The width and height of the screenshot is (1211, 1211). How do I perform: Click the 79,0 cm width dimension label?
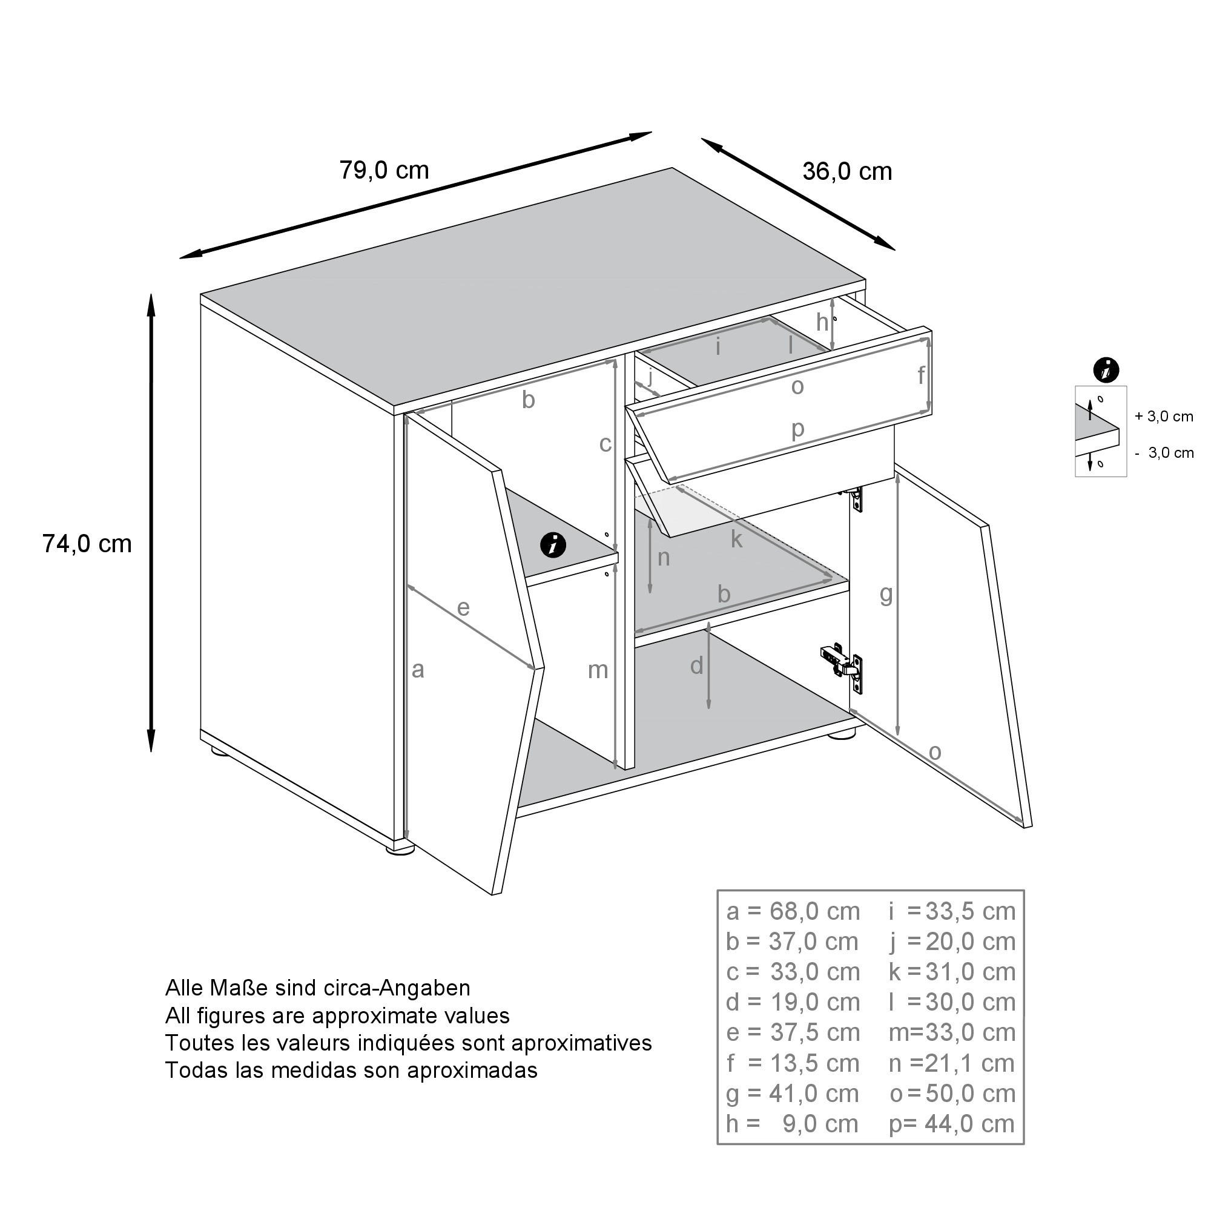click(x=384, y=171)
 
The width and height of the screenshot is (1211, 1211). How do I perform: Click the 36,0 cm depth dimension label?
click(x=847, y=172)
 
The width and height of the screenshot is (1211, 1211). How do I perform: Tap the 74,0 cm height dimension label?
click(x=87, y=544)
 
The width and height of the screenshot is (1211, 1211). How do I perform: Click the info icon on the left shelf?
click(x=553, y=545)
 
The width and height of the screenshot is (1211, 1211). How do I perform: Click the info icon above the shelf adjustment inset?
click(x=1106, y=371)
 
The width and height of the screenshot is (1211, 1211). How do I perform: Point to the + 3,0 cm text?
click(x=1163, y=417)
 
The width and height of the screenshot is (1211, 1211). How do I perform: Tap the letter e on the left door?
click(x=463, y=607)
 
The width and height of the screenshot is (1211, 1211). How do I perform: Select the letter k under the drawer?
click(x=736, y=540)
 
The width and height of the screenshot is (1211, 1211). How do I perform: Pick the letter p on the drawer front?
click(x=797, y=429)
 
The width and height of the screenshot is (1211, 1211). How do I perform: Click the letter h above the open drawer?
click(x=822, y=323)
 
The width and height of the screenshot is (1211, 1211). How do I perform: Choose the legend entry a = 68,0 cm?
click(x=793, y=911)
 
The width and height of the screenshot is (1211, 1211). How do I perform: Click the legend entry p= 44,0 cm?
click(x=951, y=1124)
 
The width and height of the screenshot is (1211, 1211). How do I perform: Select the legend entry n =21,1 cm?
click(x=951, y=1063)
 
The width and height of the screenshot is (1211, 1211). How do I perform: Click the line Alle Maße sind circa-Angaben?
click(x=317, y=988)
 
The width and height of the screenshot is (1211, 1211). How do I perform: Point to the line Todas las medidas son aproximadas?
click(x=351, y=1070)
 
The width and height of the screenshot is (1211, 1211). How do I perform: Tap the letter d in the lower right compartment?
click(x=696, y=666)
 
